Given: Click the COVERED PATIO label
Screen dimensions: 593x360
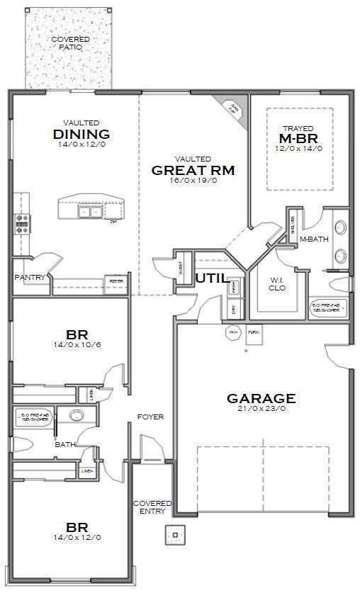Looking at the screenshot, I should click(70, 43).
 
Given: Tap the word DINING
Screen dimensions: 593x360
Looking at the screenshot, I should click(81, 135).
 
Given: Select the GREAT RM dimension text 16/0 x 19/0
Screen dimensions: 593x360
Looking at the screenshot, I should click(193, 181).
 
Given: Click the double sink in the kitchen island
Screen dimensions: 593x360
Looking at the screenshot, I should click(89, 210).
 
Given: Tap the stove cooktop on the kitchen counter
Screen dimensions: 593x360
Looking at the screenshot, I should click(22, 223).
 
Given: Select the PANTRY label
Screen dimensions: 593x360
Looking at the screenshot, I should click(30, 277).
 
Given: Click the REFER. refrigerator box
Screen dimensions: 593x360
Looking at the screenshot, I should click(115, 281).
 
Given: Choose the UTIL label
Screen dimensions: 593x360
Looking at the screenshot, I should click(212, 278).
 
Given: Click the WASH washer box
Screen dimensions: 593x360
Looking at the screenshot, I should click(235, 287).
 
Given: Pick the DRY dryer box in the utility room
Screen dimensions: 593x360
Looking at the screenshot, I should click(235, 308).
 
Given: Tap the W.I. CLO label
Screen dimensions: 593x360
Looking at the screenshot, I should click(276, 283).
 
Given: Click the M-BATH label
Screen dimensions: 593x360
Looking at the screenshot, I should click(313, 239).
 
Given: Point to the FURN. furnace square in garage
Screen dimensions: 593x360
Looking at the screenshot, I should click(253, 332).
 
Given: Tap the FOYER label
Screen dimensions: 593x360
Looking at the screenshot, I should click(150, 417).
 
